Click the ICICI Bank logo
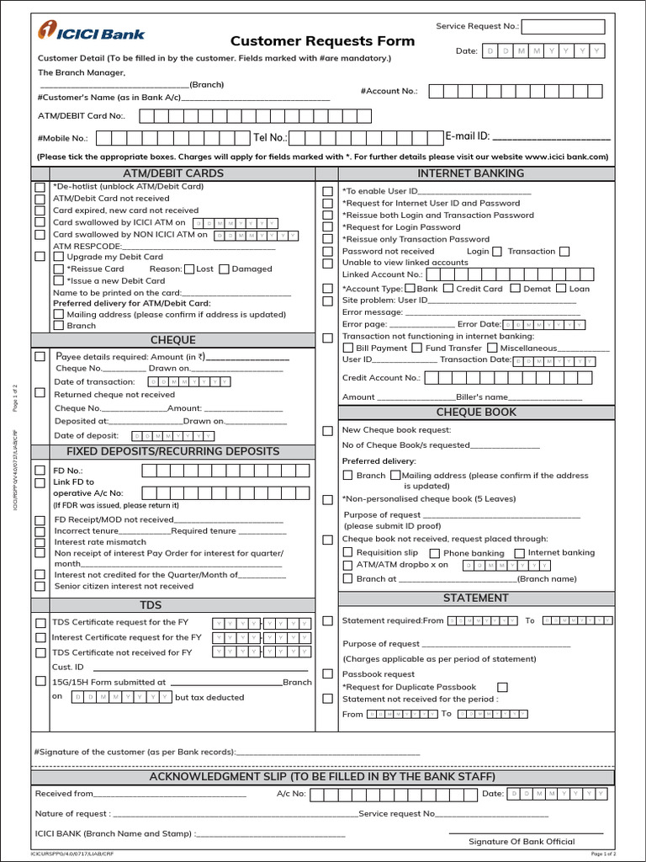coord(91,33)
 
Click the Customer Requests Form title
coord(322,41)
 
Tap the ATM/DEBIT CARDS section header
coord(173,173)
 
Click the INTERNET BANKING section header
coord(470,173)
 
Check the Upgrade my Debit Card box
coord(59,257)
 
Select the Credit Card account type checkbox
coord(448,289)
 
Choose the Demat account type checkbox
coord(516,289)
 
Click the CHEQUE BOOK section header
coord(476,412)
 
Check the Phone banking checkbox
coord(435,553)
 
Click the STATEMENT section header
coord(476,598)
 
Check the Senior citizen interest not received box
coord(40,586)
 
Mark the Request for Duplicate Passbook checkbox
coord(502,687)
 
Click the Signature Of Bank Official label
coord(522,841)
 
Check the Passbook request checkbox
coord(327,674)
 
